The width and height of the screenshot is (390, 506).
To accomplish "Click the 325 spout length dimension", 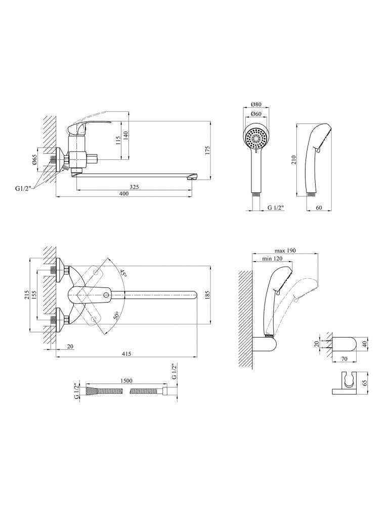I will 134,187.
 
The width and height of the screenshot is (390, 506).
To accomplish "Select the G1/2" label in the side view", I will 23,189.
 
